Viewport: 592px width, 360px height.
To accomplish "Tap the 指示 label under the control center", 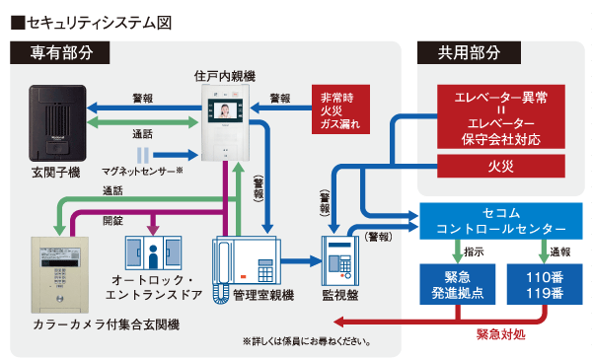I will point(470,252).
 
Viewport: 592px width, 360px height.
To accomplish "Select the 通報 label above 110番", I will point(561,252).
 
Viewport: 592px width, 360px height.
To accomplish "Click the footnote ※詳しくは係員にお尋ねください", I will point(307,341).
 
